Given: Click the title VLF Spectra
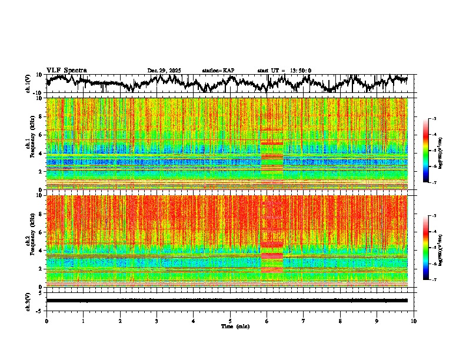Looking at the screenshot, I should coord(66,70).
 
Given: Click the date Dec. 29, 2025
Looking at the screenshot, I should coord(164,71).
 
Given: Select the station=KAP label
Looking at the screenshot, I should coord(218,71).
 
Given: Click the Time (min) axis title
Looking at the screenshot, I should coord(235,326).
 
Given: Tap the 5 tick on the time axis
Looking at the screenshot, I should coord(230,321).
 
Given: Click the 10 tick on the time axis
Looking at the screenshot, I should coord(414,321).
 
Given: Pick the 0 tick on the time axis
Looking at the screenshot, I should coord(46,321).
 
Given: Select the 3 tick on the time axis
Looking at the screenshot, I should coord(157,321).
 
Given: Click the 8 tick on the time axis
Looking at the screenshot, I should coord(340,321).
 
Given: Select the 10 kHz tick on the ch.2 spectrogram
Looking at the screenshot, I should coord(40,195).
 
